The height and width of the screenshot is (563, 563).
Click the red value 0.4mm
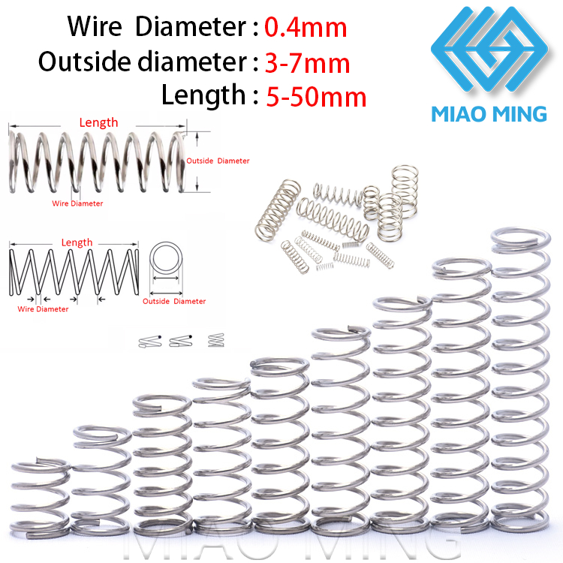click(x=306, y=28)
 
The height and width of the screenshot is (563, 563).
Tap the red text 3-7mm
click(x=307, y=63)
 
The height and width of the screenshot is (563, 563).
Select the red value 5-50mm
click(x=316, y=97)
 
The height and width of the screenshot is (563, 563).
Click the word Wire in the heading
click(x=95, y=26)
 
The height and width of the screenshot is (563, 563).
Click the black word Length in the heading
click(x=203, y=95)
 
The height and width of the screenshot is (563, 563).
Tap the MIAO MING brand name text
click(x=489, y=114)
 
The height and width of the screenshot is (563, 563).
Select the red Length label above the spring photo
click(x=98, y=123)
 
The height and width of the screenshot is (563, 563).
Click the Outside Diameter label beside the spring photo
click(x=218, y=161)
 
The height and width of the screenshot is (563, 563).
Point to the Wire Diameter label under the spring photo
click(x=77, y=203)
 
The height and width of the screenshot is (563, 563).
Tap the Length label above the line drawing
click(x=77, y=242)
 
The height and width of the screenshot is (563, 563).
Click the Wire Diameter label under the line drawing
click(x=43, y=309)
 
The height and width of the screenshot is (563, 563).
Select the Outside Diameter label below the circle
click(x=174, y=301)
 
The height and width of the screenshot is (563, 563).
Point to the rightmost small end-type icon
click(x=216, y=340)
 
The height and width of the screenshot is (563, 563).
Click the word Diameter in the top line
click(x=191, y=26)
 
